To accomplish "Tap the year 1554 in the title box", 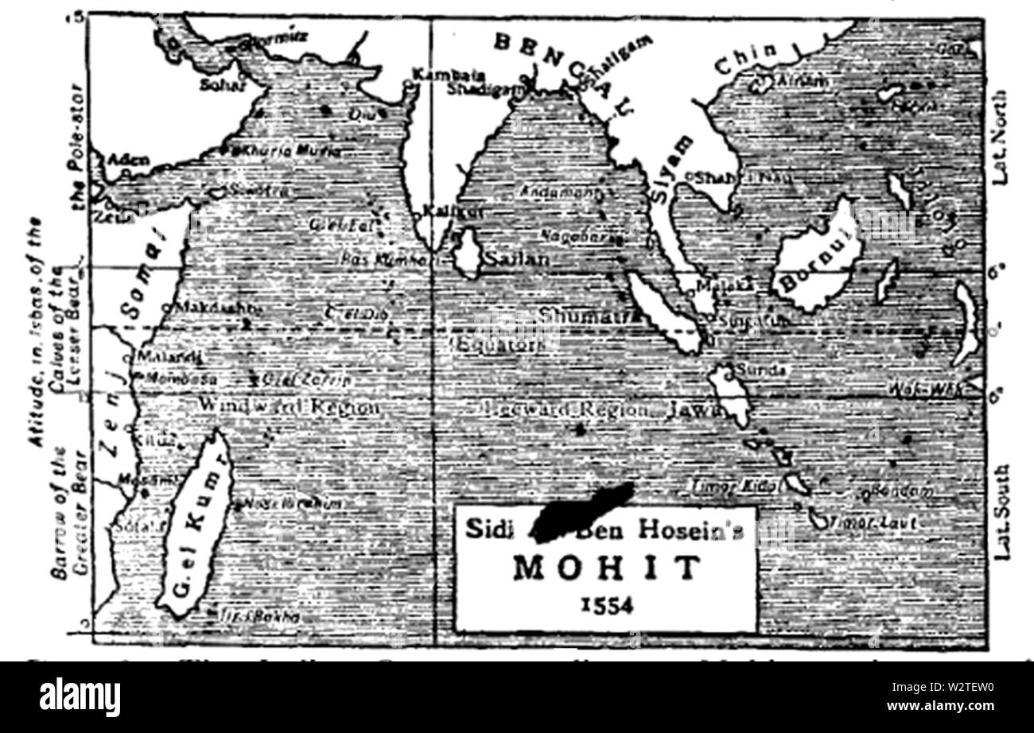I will [x=606, y=606].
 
